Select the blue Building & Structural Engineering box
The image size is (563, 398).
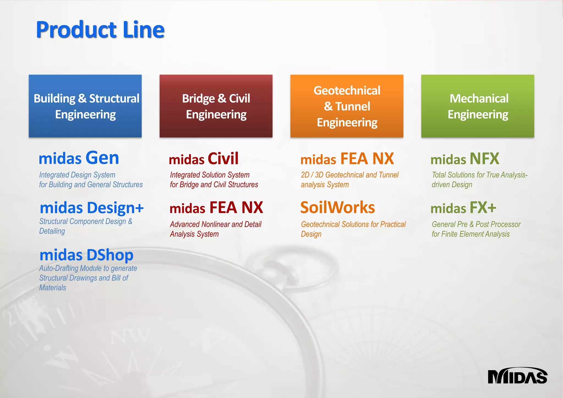[85, 106]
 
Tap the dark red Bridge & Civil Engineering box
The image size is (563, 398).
[216, 106]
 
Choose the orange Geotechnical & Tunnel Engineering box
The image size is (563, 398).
[347, 106]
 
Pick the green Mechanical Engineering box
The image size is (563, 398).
[478, 106]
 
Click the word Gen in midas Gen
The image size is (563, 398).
[102, 158]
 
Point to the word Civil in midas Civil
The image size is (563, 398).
[223, 159]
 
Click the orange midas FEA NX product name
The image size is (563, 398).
[347, 159]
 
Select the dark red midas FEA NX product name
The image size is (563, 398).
[216, 208]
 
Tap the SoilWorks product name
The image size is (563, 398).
[338, 208]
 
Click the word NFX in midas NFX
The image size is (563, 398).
[484, 159]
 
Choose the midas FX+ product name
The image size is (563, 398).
[463, 208]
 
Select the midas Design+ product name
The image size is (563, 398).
[92, 208]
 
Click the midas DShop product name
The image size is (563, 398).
[87, 255]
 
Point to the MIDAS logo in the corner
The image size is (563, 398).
[517, 376]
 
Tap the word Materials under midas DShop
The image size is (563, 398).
[53, 288]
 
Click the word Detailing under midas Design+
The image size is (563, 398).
[52, 231]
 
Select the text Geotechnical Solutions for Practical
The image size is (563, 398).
[353, 224]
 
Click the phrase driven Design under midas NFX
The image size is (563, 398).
[452, 185]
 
